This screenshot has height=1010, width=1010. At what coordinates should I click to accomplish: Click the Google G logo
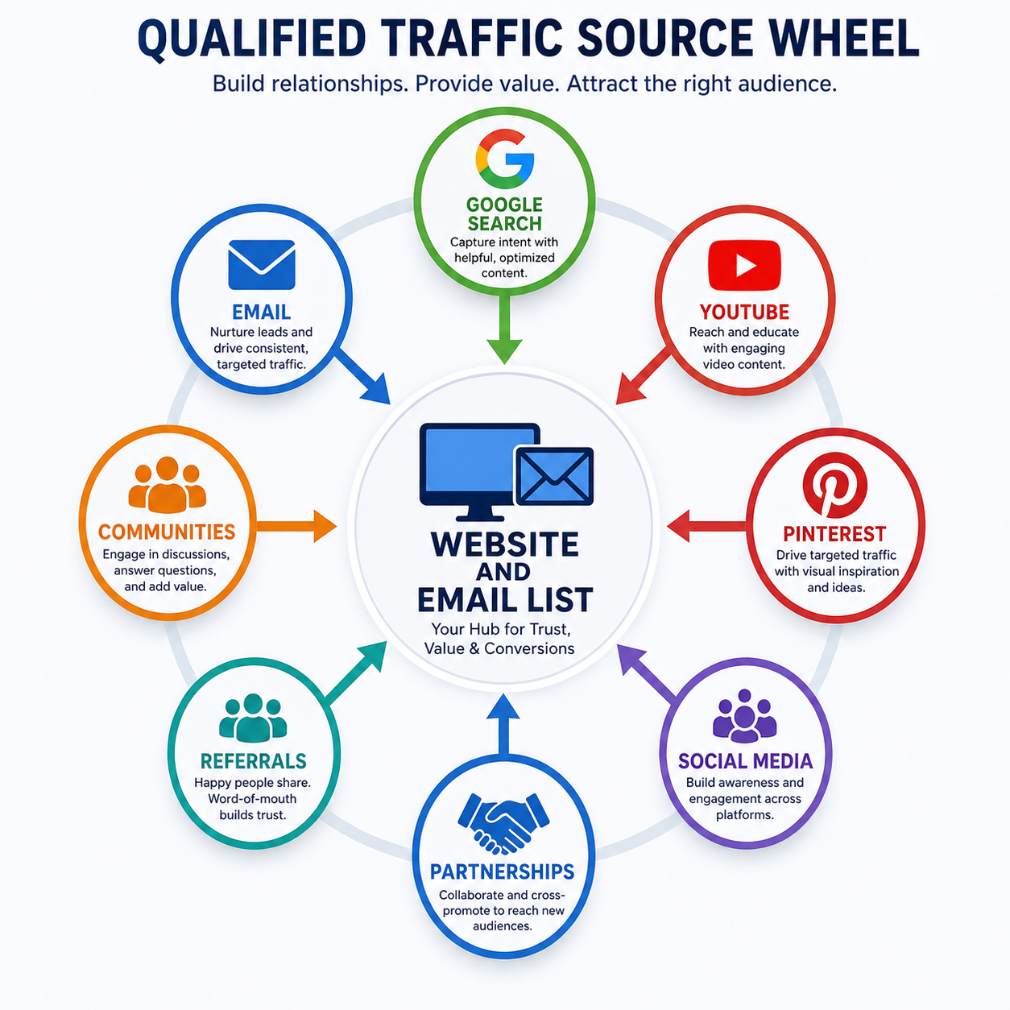[505, 159]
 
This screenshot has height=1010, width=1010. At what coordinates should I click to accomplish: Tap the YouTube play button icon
[744, 265]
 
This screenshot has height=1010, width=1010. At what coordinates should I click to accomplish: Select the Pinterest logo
[834, 485]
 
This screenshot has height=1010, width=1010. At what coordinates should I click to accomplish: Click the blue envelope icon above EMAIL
[262, 265]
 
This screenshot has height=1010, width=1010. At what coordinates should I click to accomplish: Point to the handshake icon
[503, 823]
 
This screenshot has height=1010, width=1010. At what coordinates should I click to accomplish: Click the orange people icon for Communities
[167, 485]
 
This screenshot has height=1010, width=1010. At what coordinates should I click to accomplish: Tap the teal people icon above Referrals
[253, 718]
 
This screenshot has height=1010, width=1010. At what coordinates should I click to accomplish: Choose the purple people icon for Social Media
[744, 715]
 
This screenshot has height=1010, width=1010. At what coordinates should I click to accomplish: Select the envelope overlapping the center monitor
[554, 476]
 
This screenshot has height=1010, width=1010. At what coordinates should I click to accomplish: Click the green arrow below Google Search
[504, 328]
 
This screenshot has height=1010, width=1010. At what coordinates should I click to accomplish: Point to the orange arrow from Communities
[296, 526]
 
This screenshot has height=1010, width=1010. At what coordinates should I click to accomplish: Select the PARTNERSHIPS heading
[502, 871]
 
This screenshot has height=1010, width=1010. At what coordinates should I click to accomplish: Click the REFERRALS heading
[253, 761]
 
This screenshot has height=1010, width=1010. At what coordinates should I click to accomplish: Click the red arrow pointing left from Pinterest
[706, 526]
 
